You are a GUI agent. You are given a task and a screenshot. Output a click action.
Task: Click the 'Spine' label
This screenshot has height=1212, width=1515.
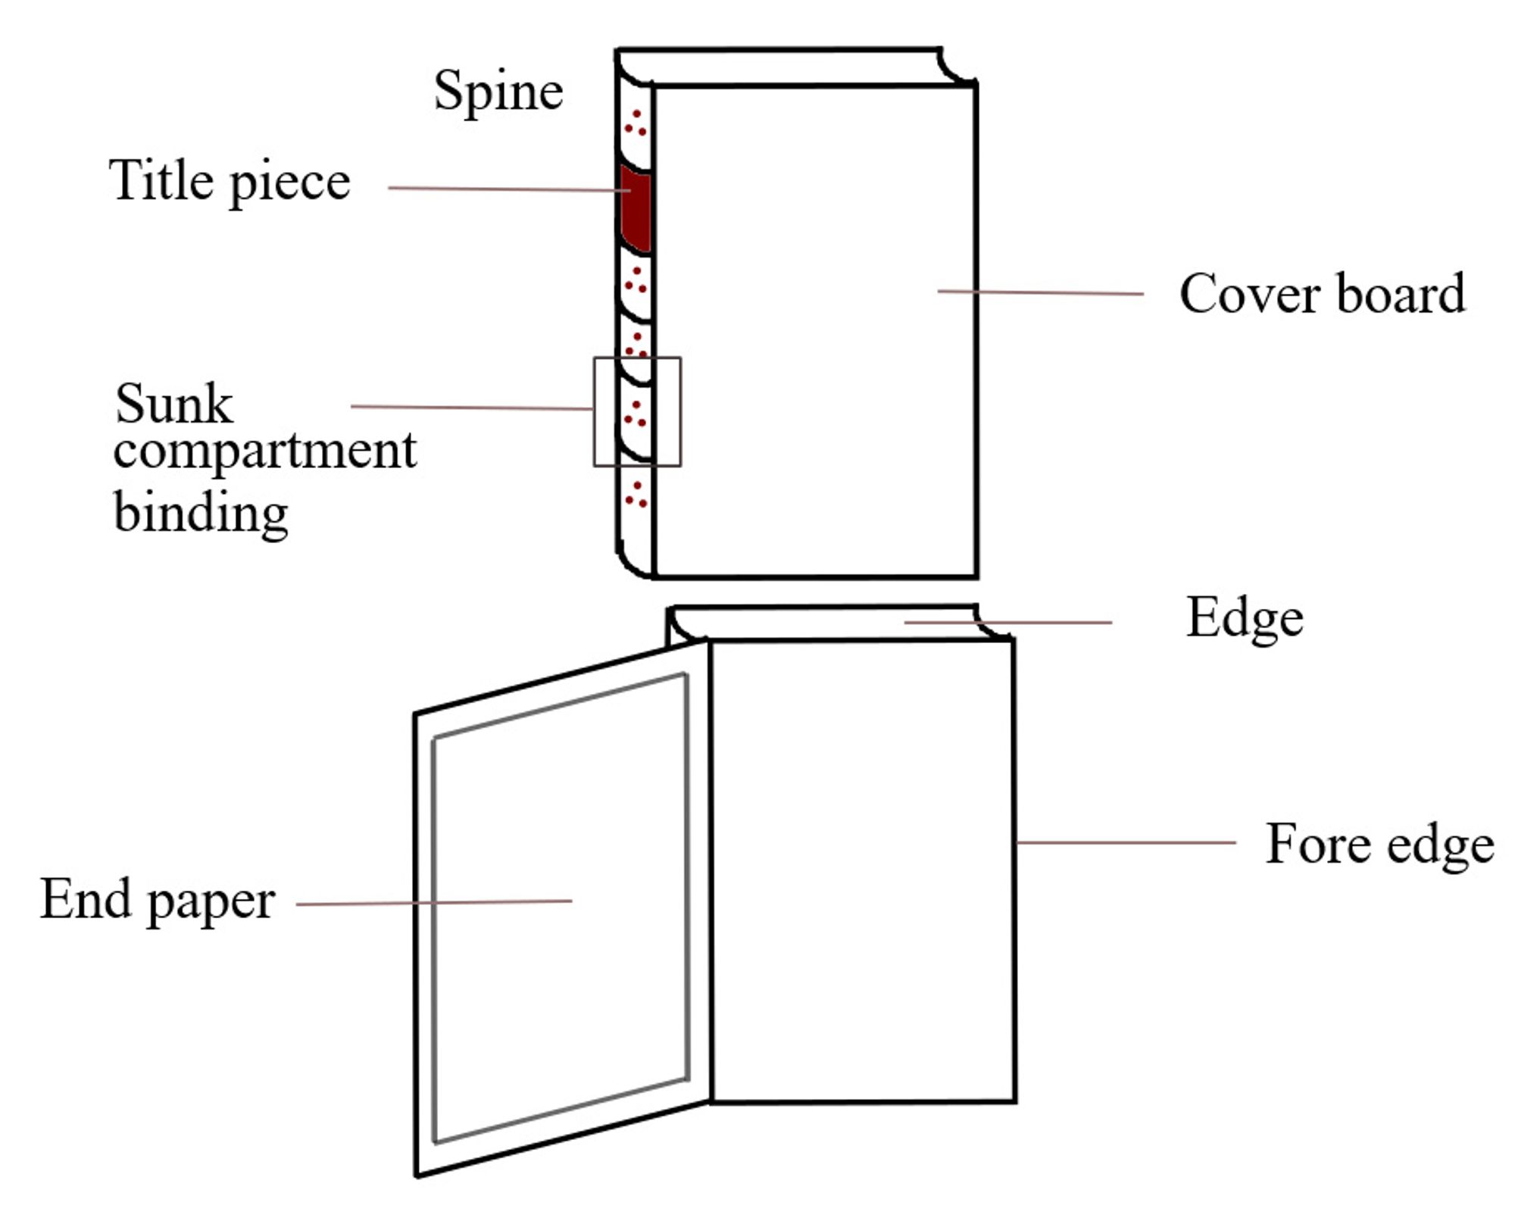(x=498, y=92)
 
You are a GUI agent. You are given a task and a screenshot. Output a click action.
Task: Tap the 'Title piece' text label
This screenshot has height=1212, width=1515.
(x=230, y=181)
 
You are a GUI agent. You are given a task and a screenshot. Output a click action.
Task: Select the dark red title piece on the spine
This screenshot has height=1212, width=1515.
(x=636, y=208)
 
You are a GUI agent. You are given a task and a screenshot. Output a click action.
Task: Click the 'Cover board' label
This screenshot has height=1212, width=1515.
(x=1322, y=294)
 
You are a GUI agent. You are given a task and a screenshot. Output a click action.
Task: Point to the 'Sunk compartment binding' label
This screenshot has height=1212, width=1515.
(x=265, y=459)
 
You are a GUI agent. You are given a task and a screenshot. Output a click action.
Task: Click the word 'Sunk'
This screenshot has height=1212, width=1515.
(x=173, y=404)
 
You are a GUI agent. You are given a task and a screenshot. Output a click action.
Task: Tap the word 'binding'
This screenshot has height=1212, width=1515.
(x=201, y=514)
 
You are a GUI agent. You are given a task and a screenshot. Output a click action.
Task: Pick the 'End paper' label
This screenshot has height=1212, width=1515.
(x=157, y=901)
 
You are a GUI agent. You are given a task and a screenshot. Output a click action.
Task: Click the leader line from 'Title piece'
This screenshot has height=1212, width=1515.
(x=509, y=189)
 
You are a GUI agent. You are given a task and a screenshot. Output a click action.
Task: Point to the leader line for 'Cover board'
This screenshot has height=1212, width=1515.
(x=1041, y=292)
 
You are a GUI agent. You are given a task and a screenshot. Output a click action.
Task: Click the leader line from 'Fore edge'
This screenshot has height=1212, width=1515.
(x=1126, y=842)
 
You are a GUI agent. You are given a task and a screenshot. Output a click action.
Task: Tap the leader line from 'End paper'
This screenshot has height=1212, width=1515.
(x=434, y=903)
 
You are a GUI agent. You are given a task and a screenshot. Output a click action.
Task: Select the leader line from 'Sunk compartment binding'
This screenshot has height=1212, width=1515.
(x=472, y=408)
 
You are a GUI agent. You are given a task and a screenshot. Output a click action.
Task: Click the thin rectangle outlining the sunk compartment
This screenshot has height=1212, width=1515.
(x=594, y=412)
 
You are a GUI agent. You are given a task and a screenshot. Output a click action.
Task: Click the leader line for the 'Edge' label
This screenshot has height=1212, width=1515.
(x=1008, y=623)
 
